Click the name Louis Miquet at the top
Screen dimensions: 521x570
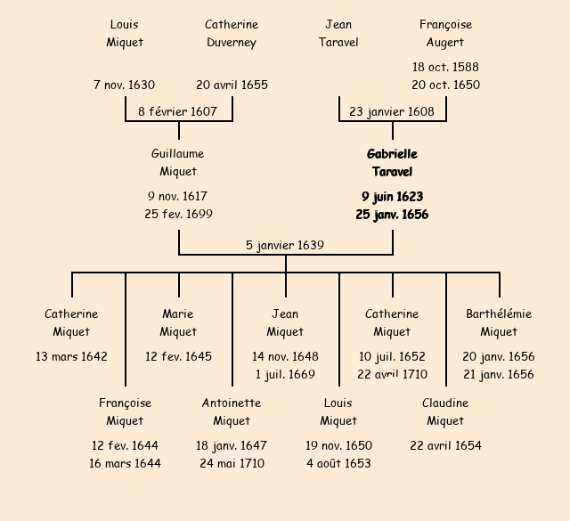pyautogui.click(x=125, y=33)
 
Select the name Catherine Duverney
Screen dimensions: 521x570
pyautogui.click(x=232, y=33)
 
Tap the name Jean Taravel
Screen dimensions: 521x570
pyautogui.click(x=338, y=33)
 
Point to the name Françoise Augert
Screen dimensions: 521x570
pyautogui.click(x=445, y=33)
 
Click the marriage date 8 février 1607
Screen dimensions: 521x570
pyautogui.click(x=177, y=111)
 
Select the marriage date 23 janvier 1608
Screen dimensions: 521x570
pyautogui.click(x=392, y=111)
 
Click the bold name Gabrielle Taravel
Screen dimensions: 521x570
pyautogui.click(x=392, y=163)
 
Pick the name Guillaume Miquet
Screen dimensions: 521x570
pyautogui.click(x=178, y=163)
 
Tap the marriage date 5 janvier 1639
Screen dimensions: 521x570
pyautogui.click(x=285, y=245)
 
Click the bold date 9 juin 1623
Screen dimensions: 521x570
pyautogui.click(x=392, y=196)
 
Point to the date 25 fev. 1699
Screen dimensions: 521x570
pyautogui.click(x=178, y=214)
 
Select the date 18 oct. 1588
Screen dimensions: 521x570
pyautogui.click(x=445, y=67)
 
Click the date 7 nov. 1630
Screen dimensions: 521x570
pyautogui.click(x=124, y=85)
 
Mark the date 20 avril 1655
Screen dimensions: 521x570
pyautogui.click(x=232, y=85)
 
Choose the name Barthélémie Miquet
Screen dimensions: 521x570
pyautogui.click(x=499, y=322)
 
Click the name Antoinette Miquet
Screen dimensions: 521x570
pyautogui.click(x=232, y=411)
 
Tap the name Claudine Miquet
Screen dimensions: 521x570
pyautogui.click(x=445, y=411)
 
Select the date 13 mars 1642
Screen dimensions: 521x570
pyautogui.click(x=71, y=356)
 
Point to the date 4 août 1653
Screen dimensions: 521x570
pyautogui.click(x=338, y=463)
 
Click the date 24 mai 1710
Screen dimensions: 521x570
pyautogui.click(x=232, y=463)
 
